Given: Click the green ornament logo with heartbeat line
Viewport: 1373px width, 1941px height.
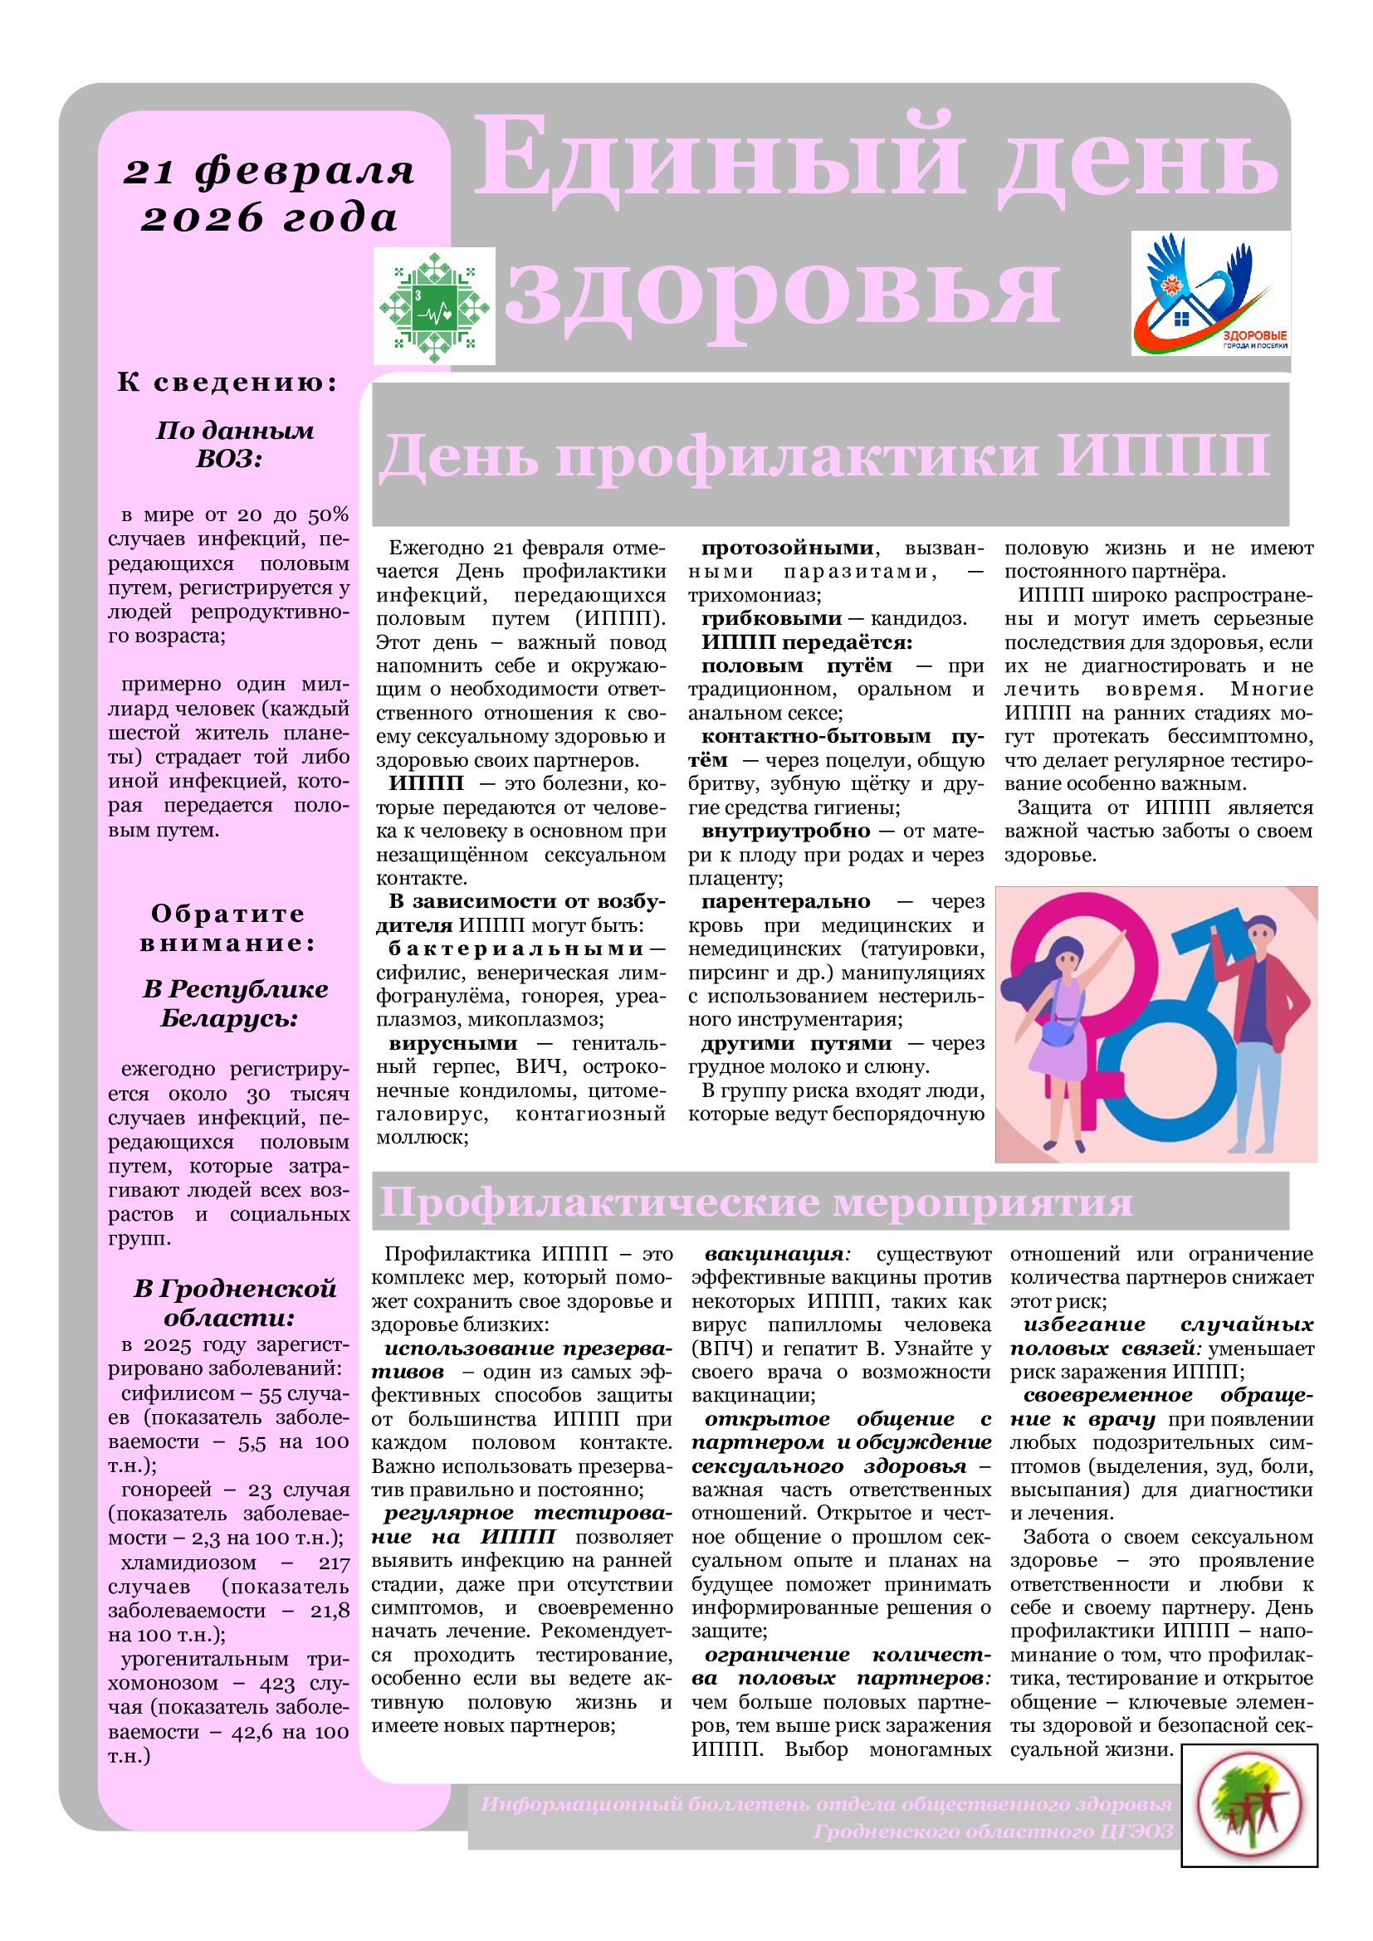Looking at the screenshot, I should (433, 306).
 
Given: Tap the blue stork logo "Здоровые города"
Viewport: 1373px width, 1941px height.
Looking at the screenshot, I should (1209, 292).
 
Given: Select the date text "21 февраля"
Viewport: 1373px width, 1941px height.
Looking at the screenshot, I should (270, 172).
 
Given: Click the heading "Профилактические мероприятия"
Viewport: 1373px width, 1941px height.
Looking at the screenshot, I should (755, 1202).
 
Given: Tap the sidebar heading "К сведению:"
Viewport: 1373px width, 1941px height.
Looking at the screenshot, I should (227, 382).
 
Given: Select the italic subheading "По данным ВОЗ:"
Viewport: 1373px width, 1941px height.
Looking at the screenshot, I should (233, 445).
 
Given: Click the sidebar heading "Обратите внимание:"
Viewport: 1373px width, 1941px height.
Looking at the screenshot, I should (228, 929).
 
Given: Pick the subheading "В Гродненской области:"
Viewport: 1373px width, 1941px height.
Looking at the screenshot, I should (234, 1303).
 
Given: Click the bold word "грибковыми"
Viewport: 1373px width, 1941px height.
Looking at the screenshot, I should (771, 619).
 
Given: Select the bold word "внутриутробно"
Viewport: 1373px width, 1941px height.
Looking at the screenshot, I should (784, 831).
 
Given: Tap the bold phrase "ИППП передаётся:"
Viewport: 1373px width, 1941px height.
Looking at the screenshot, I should (807, 642).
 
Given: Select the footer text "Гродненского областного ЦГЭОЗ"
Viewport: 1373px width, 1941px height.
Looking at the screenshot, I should (993, 1832).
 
